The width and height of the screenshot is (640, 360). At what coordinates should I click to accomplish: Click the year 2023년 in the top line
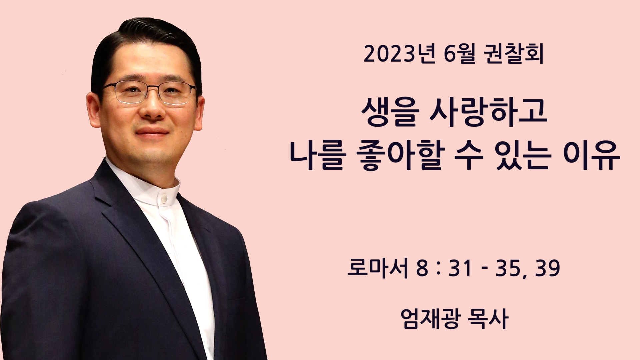pos(399,54)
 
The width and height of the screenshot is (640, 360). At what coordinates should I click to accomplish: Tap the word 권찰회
pos(513,54)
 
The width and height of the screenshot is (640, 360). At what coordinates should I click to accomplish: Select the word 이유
pos(591,155)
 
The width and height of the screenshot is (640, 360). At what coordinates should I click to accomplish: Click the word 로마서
pos(378,268)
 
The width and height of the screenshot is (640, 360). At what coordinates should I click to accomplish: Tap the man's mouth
pos(152,131)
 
